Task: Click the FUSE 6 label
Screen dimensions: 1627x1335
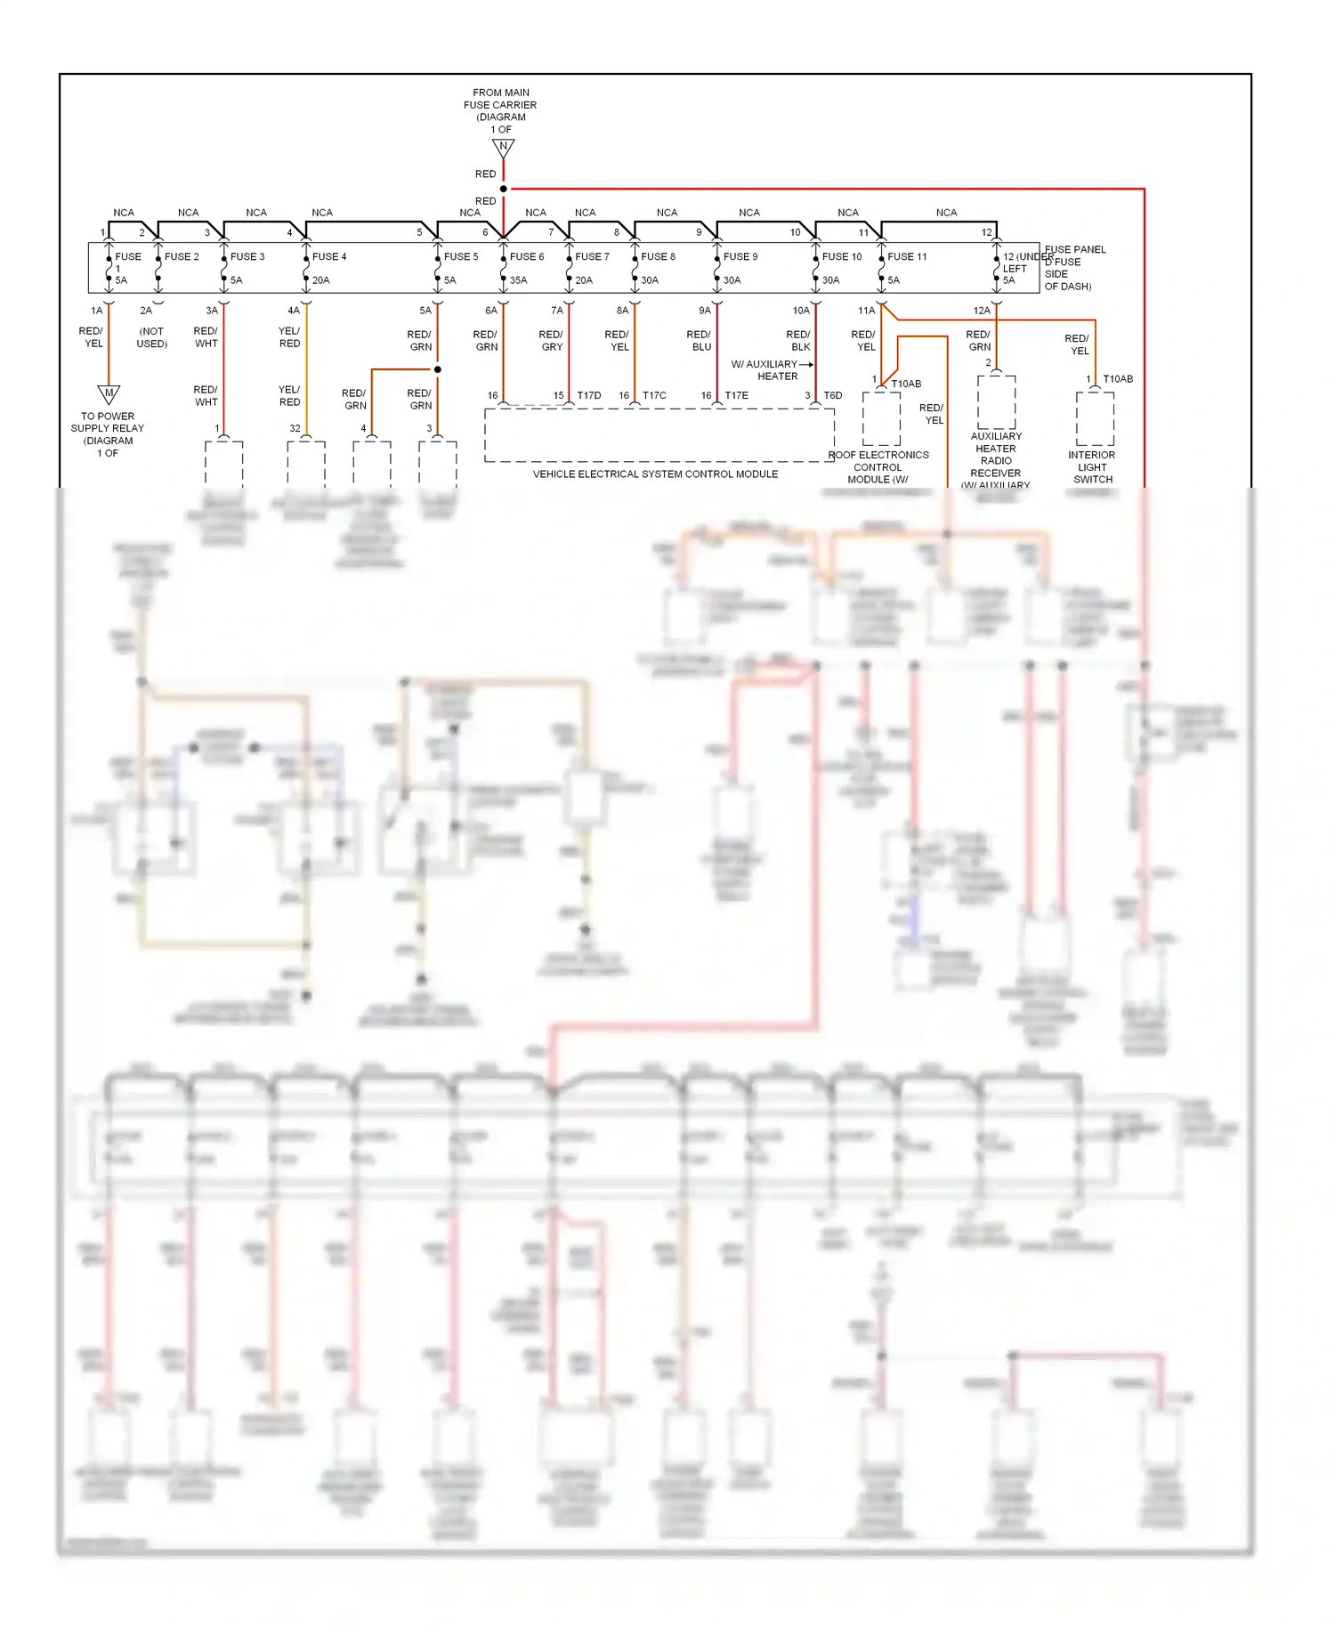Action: coord(526,256)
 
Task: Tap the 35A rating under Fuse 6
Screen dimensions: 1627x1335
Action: coord(518,280)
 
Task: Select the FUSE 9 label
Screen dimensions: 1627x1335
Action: coord(740,256)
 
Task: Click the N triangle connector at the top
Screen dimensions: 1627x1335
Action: coord(504,147)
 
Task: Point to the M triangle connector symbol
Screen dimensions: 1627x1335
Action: coord(109,393)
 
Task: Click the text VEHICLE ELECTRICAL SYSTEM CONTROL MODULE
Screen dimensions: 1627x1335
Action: coord(655,474)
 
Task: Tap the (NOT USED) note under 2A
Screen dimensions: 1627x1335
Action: coord(151,337)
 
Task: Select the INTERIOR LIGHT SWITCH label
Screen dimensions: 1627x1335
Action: coord(1092,467)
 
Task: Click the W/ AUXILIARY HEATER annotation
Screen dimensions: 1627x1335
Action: coord(765,370)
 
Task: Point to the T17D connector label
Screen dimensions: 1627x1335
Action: coord(589,395)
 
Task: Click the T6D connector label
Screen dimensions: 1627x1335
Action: coord(833,395)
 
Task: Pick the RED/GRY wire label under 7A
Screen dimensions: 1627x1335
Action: coord(551,341)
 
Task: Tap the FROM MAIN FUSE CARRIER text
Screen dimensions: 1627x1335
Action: coord(500,105)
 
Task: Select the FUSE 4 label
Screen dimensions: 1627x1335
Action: coord(329,256)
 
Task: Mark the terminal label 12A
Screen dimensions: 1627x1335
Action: coord(982,311)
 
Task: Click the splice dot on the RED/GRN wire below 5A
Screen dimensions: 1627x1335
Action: coord(438,368)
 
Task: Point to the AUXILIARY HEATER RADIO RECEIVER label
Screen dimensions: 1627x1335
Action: coord(996,455)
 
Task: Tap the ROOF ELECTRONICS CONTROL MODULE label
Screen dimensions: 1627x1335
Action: coord(878,467)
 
